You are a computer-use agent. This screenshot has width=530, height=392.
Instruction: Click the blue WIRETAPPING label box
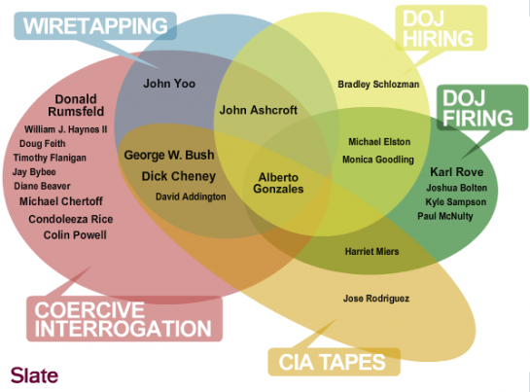(x=95, y=26)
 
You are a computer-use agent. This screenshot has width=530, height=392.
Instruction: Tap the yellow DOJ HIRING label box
(x=442, y=28)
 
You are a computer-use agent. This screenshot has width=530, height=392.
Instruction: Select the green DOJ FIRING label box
(x=482, y=108)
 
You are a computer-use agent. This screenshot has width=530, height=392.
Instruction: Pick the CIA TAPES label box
(x=334, y=362)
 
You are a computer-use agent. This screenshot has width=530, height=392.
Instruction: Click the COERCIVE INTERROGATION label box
(x=124, y=319)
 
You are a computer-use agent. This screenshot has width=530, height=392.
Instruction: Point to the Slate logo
(x=34, y=375)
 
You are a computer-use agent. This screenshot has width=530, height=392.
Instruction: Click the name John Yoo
(x=169, y=84)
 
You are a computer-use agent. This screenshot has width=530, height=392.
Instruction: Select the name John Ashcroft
(x=259, y=110)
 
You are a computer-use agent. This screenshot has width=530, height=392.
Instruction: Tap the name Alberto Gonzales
(x=278, y=183)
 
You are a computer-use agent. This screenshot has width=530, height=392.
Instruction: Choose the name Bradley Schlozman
(x=378, y=85)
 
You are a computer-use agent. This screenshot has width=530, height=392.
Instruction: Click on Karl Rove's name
(x=457, y=172)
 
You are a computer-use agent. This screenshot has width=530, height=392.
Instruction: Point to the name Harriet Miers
(x=371, y=251)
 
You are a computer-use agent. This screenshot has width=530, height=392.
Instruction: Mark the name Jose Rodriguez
(x=376, y=299)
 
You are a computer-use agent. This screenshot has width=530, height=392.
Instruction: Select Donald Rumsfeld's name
(x=76, y=105)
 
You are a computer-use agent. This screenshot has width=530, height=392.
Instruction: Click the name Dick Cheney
(x=179, y=176)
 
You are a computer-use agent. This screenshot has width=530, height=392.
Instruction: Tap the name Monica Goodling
(x=378, y=160)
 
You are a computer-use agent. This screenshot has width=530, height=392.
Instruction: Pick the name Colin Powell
(x=75, y=234)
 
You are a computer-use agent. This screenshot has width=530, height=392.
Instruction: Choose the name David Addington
(x=191, y=196)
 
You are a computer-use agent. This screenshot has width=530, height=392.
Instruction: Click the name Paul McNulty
(x=445, y=216)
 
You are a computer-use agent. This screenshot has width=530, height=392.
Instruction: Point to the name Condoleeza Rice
(x=71, y=219)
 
